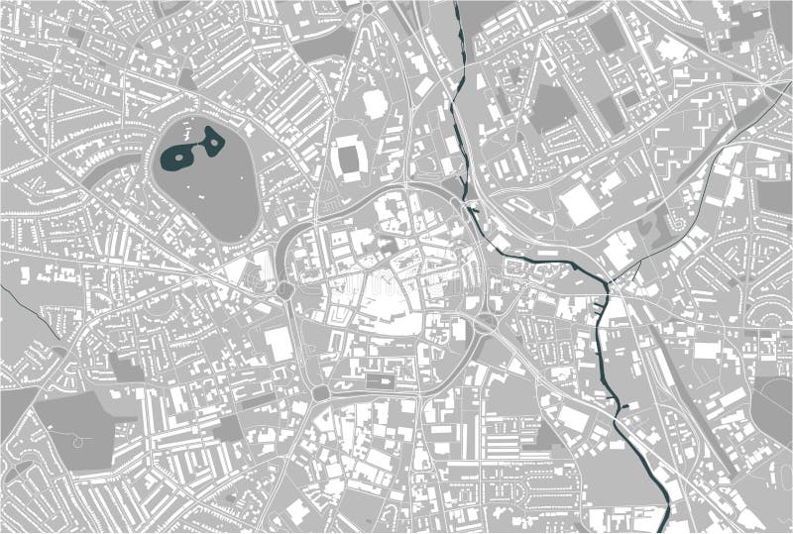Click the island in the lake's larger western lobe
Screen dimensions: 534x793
pyautogui.click(x=178, y=155)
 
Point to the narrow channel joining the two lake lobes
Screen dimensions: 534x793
pyautogui.click(x=196, y=148)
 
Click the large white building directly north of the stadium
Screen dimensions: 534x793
pyautogui.click(x=375, y=101)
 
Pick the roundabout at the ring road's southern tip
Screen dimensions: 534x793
pyautogui.click(x=318, y=393)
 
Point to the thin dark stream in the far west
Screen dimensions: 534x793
pyautogui.click(x=25, y=298)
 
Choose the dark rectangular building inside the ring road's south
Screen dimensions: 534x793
pyautogui.click(x=379, y=379)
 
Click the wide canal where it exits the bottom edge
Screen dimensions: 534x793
pyautogui.click(x=662, y=525)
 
